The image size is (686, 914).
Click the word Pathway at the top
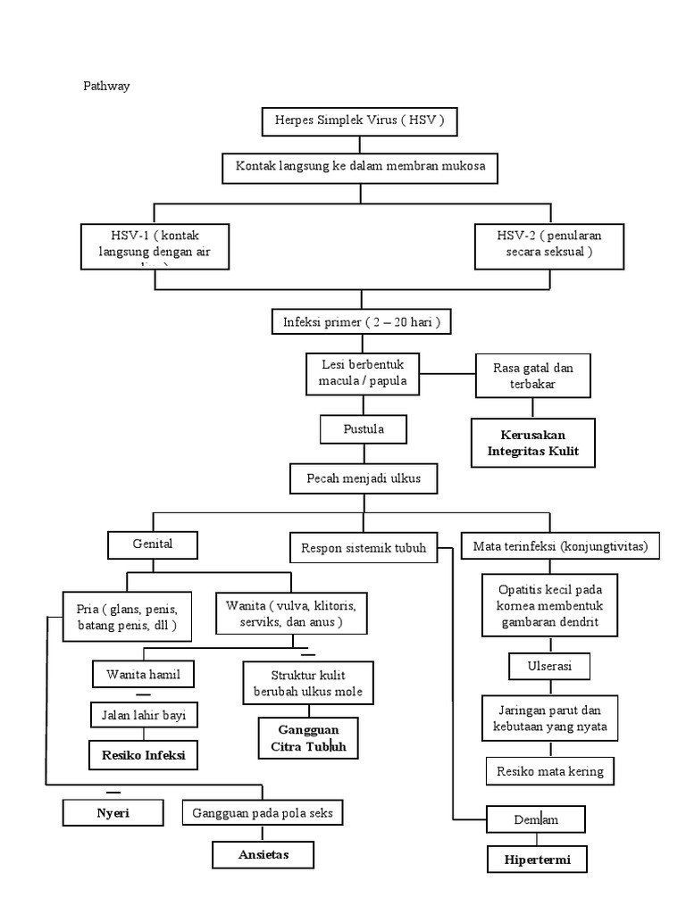tap(106, 87)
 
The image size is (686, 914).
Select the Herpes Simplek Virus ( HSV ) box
tap(360, 120)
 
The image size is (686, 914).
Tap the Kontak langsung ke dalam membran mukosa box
tap(360, 166)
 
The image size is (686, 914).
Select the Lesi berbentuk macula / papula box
tap(363, 373)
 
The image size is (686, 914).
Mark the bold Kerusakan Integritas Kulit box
tap(533, 442)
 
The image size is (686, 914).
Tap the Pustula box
tap(364, 429)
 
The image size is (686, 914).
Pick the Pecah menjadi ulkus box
tap(364, 479)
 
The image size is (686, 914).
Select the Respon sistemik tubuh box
tap(364, 547)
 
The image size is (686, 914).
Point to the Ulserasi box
tap(550, 666)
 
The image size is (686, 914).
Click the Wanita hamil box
tap(143, 674)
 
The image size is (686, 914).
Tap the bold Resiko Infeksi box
tap(143, 754)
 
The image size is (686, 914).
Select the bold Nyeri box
tap(113, 812)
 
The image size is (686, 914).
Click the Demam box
tap(536, 818)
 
